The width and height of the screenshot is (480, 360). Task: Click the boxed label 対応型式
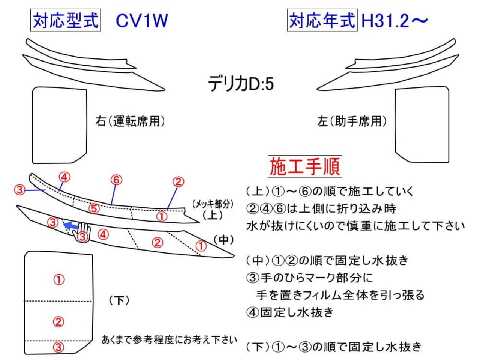65,20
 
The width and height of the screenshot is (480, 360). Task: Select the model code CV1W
142,21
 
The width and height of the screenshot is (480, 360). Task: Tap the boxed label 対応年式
322,20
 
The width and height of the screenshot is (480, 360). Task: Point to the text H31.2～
394,21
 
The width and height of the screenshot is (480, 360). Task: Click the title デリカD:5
241,84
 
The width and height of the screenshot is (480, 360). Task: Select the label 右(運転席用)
130,121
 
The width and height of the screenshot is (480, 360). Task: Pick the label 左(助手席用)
352,121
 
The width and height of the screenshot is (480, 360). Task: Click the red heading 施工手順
305,166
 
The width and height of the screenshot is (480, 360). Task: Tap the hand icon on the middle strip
82,233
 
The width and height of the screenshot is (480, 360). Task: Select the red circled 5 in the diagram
94,208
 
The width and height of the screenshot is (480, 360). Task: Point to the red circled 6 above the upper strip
116,180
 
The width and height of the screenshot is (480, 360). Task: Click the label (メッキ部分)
213,204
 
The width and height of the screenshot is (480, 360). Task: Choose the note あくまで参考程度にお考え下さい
169,340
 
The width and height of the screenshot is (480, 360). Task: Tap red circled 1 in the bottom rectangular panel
59,280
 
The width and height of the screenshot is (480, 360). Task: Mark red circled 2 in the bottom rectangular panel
58,321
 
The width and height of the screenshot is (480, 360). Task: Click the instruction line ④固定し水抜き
289,312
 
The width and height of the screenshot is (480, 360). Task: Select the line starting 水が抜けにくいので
355,226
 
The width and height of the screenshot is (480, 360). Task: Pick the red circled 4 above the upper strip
64,177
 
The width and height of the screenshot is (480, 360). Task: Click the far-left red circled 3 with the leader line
19,189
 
